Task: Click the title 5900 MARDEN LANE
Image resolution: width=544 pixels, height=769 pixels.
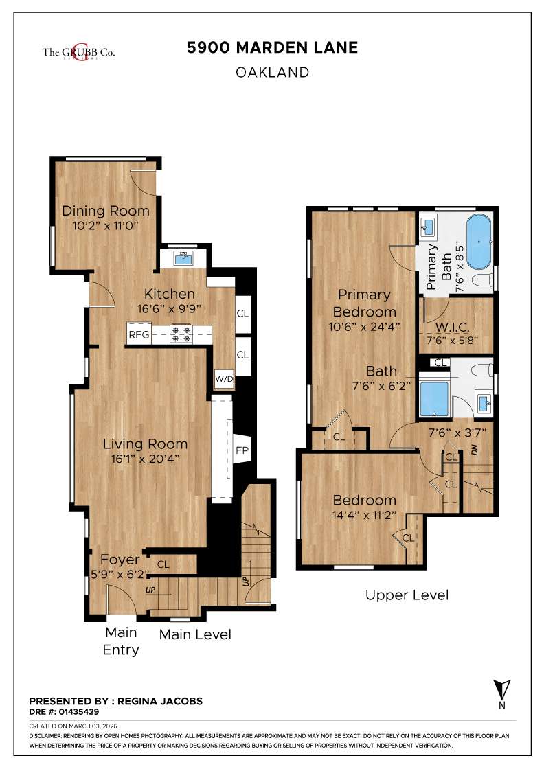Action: [273, 48]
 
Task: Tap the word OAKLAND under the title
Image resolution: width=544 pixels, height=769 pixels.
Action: [273, 72]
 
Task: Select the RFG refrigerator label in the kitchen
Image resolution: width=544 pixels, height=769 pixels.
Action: [138, 335]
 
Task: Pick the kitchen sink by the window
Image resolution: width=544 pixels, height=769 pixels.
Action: [183, 257]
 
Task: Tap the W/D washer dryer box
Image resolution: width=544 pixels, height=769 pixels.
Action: [224, 378]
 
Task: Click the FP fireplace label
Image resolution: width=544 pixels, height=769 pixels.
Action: [242, 451]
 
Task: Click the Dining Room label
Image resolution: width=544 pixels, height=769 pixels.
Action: [106, 211]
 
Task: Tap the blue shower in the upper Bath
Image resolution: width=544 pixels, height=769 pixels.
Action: [433, 399]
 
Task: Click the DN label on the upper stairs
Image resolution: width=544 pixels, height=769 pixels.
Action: [475, 450]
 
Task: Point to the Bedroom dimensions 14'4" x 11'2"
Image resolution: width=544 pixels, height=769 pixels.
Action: [364, 516]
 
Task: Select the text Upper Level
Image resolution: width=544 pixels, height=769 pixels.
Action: [407, 595]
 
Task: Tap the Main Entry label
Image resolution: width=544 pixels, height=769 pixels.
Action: [121, 641]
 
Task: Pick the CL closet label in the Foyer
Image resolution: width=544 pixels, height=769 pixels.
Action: [163, 564]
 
